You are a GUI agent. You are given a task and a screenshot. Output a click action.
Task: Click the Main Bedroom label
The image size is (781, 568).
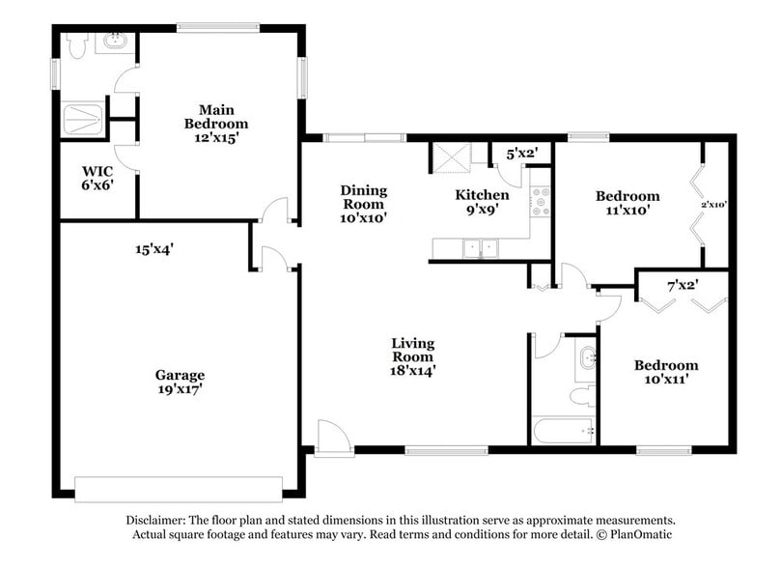coord(216,123)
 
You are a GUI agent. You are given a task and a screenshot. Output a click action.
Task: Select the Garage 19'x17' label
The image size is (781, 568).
coord(180,382)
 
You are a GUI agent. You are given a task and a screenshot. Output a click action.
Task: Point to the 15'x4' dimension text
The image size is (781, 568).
coord(154,248)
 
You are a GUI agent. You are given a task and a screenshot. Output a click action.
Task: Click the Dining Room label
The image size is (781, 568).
coord(364,204)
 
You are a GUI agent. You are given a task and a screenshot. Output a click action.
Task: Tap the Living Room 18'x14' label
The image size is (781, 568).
coord(412,355)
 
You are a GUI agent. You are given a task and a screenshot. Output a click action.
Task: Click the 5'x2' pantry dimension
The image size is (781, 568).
coord(508,152)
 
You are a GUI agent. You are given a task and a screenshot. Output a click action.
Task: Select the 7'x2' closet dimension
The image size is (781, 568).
coord(682,285)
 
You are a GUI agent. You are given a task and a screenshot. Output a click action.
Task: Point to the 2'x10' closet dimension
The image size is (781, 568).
coord(712,204)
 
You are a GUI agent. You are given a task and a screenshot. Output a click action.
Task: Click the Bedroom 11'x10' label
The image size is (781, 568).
coord(628,202)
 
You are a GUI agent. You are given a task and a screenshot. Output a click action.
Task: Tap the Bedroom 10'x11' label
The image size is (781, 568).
coord(665,372)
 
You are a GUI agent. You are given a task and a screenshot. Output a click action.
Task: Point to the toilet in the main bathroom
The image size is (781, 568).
coord(78,43)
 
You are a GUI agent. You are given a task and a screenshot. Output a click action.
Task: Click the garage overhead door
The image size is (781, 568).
coord(180,488)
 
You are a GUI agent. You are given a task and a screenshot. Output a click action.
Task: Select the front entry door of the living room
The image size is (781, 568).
coord(328,438)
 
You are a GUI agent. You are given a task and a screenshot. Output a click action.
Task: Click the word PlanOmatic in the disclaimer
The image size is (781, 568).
coord(638,533)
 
